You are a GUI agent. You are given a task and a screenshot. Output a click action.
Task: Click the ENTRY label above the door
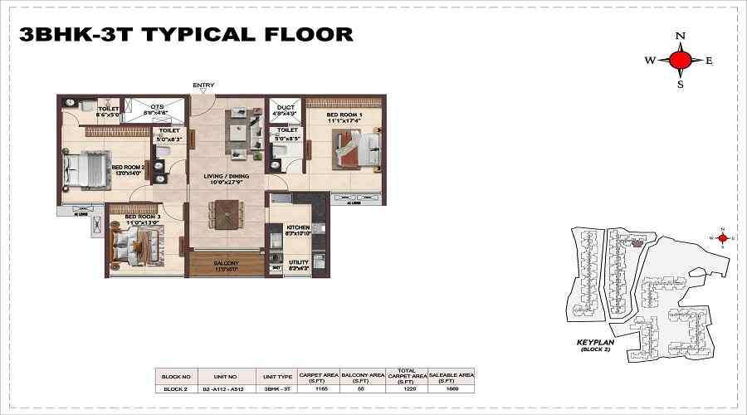click(203, 85)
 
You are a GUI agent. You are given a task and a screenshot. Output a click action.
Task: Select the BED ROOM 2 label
click(128, 167)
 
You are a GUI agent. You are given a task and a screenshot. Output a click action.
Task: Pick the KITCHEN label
click(298, 227)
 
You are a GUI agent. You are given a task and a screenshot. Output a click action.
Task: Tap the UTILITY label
click(298, 262)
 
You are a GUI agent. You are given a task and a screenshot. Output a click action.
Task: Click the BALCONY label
click(226, 263)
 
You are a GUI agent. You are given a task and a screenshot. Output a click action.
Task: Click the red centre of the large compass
click(681, 60)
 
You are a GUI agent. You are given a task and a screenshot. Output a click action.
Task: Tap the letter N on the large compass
click(681, 36)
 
